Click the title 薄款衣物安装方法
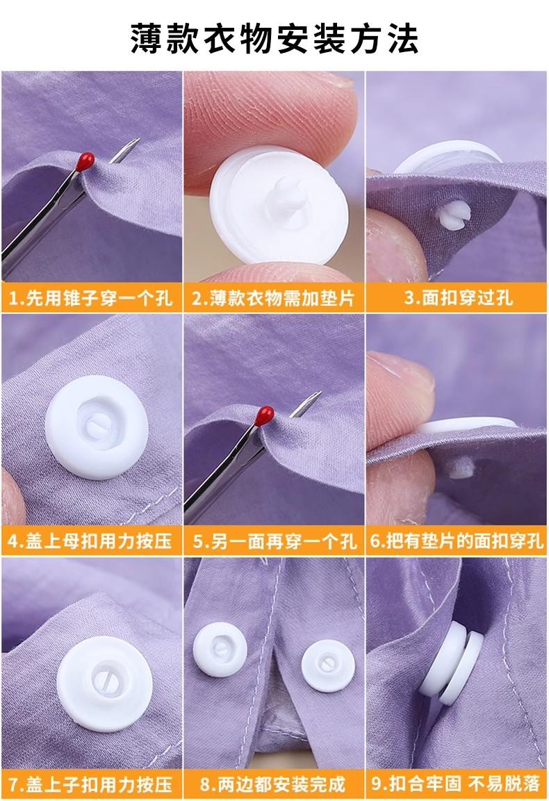(274, 38)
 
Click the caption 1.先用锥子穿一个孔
(91, 298)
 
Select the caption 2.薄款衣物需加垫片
(274, 298)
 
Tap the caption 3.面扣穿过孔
(458, 298)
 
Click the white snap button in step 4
(97, 427)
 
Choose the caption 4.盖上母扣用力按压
(91, 541)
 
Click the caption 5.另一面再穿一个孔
(274, 541)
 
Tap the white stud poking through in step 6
(461, 467)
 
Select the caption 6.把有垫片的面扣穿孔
(457, 541)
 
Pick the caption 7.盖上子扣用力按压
(91, 784)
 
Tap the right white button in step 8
(327, 663)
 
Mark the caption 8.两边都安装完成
(274, 784)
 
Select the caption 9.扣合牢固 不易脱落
(457, 784)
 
